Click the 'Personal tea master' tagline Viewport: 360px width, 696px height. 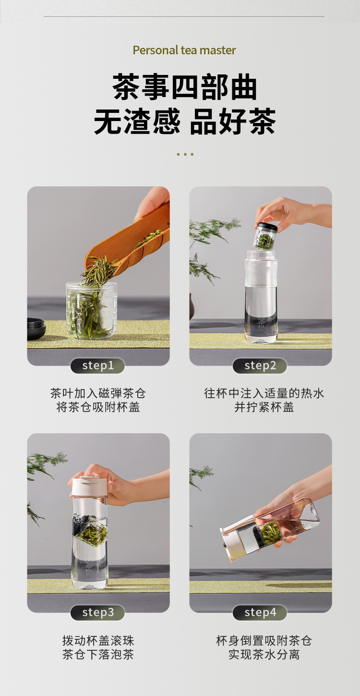(x=184, y=50)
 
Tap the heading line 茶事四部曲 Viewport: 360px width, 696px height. (x=185, y=87)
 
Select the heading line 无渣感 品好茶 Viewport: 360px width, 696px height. (x=185, y=121)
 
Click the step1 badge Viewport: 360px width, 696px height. (x=97, y=366)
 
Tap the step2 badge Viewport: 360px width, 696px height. (x=260, y=366)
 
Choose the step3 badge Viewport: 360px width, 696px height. (x=97, y=613)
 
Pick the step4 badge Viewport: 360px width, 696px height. (x=260, y=613)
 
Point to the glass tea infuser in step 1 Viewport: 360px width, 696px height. (x=92, y=309)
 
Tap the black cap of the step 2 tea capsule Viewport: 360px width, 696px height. (x=266, y=227)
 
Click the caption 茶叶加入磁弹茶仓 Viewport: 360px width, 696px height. (x=98, y=393)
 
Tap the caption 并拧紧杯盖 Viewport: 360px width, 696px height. (x=264, y=407)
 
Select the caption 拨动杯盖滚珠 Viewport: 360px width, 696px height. (x=98, y=641)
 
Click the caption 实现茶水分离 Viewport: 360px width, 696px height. (x=264, y=654)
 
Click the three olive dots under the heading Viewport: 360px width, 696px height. (x=185, y=154)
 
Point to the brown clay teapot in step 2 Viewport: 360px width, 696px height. (x=192, y=307)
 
